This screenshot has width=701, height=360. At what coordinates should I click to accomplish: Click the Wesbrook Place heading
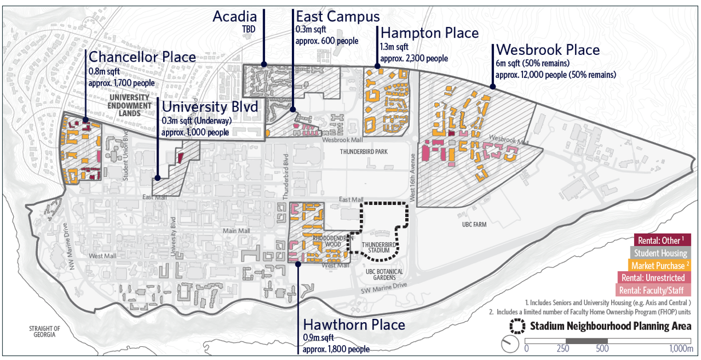click(548, 50)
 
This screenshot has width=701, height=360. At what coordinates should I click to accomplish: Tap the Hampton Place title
click(429, 33)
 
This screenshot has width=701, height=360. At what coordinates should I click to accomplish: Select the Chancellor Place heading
click(142, 57)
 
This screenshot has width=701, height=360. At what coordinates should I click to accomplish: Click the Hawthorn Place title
click(354, 325)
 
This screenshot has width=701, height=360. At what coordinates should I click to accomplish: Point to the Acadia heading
click(235, 17)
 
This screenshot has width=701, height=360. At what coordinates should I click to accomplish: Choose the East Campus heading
click(329, 16)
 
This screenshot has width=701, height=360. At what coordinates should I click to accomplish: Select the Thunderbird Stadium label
click(375, 247)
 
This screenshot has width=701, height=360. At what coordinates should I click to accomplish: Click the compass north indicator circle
click(509, 345)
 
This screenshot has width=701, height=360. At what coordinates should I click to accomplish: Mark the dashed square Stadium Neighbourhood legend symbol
click(518, 327)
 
